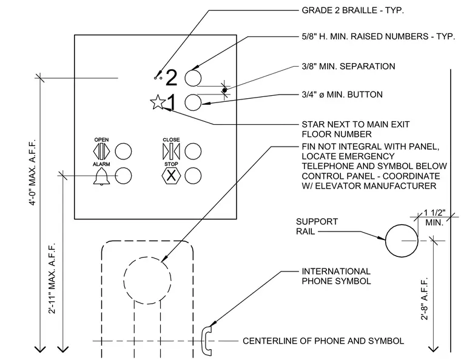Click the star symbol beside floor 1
(x=158, y=102)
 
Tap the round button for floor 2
(x=193, y=78)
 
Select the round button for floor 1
(x=193, y=102)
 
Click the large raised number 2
(x=172, y=78)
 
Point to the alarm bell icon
(x=101, y=176)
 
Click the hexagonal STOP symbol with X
(x=171, y=176)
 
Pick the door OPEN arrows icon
(x=101, y=152)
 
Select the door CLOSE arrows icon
(x=171, y=152)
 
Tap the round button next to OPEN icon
(x=123, y=152)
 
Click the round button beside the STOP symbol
(x=193, y=176)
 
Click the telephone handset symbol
(x=207, y=341)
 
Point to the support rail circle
(x=402, y=224)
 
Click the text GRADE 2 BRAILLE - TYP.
(x=353, y=10)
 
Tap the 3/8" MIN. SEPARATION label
(x=348, y=66)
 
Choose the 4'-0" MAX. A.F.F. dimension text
(x=32, y=172)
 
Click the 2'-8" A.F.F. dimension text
(x=424, y=299)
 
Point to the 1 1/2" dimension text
(x=434, y=213)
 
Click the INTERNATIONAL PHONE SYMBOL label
(x=336, y=276)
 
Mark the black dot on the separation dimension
(x=224, y=90)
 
